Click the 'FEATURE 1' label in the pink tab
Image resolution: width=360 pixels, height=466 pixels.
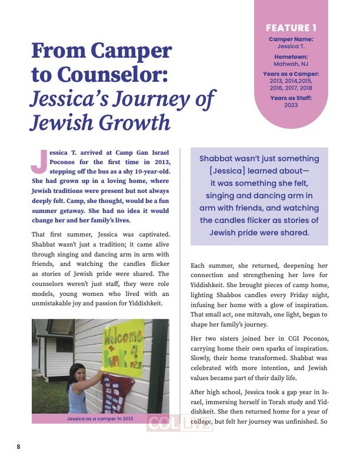coord(291,28)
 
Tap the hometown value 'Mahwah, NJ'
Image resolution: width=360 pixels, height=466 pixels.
coord(291,63)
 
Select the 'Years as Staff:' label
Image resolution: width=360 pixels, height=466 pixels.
coord(291,98)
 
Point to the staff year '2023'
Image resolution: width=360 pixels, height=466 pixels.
coord(291,105)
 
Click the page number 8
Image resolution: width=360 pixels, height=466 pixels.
coord(18,447)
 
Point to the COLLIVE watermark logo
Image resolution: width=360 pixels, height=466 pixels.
coord(179,424)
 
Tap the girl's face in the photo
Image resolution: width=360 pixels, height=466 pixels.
coord(78,371)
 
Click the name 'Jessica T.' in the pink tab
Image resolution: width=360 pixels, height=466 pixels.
coord(291,45)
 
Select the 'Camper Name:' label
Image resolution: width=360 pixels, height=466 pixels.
coord(291,39)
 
